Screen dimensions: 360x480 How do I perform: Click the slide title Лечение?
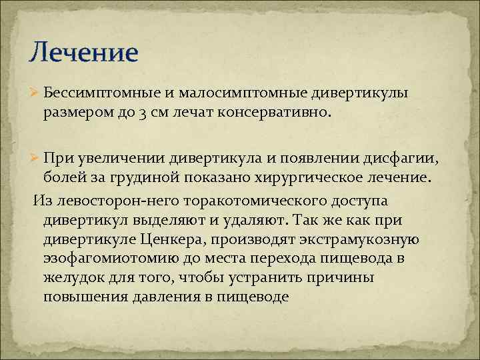click(x=83, y=51)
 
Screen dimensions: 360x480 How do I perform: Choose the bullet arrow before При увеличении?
click(x=36, y=158)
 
